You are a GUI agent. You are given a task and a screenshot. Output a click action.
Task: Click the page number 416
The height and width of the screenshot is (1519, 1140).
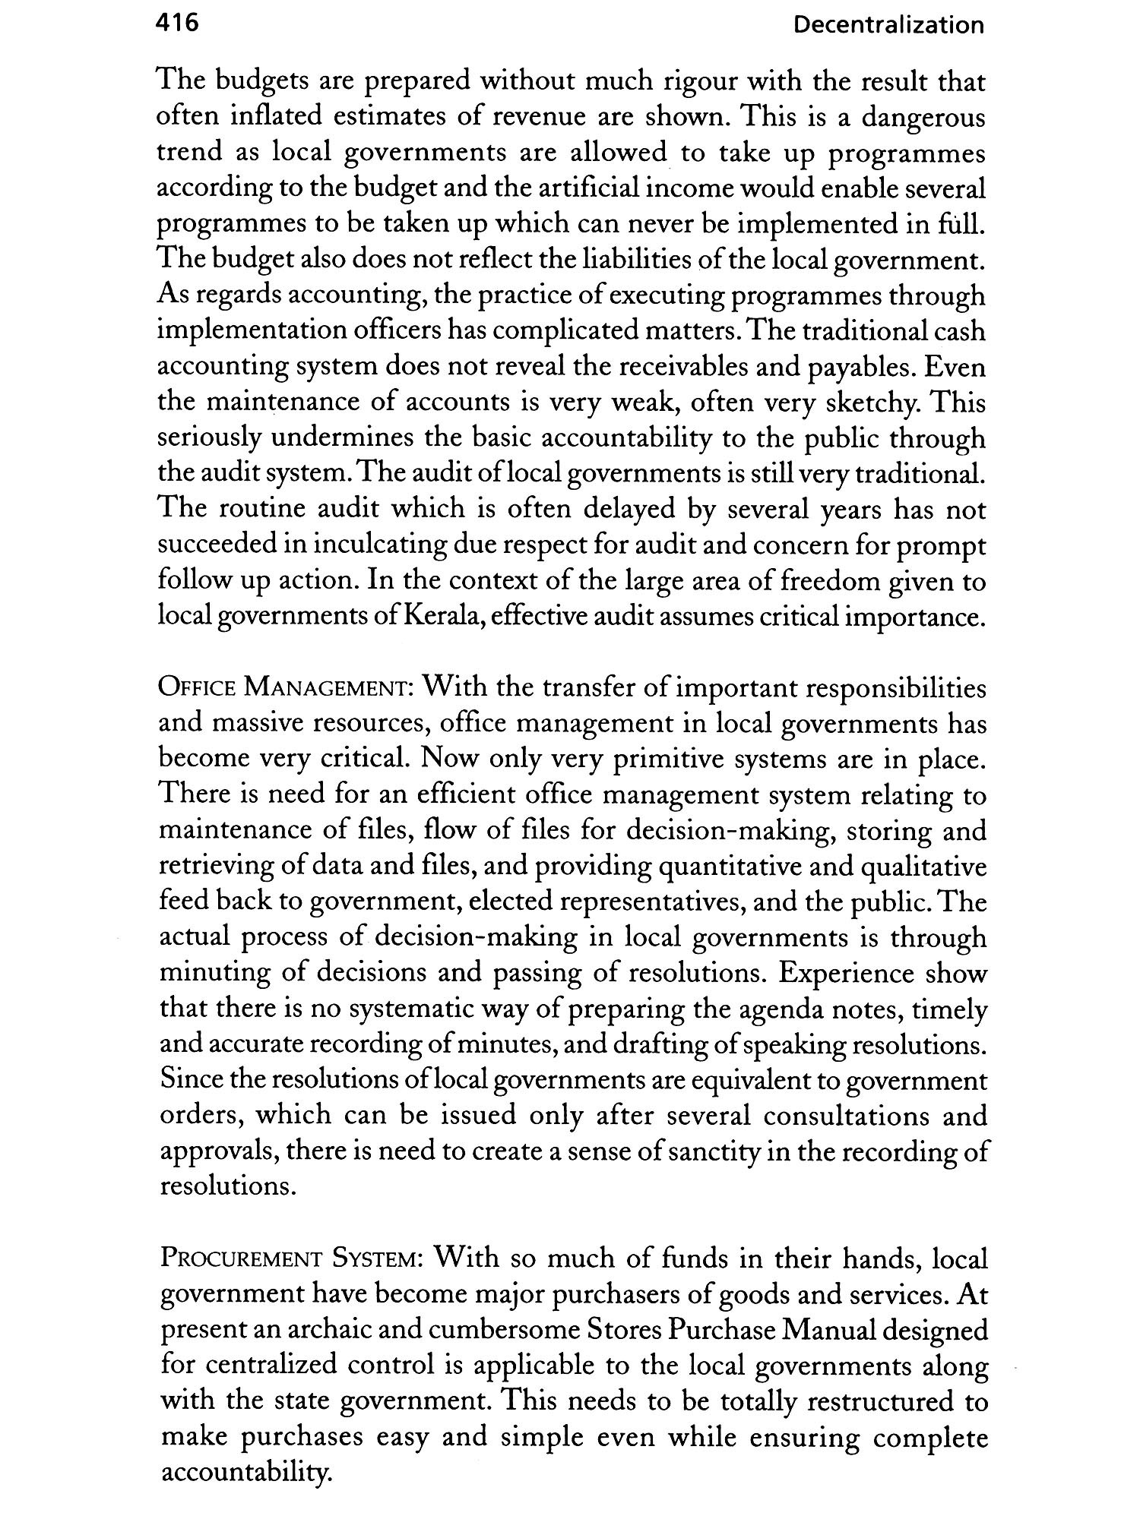(x=176, y=24)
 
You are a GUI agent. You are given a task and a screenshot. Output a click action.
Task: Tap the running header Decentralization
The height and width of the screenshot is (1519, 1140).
(x=888, y=26)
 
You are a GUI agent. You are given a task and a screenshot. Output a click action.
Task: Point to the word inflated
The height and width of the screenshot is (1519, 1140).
(x=277, y=117)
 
